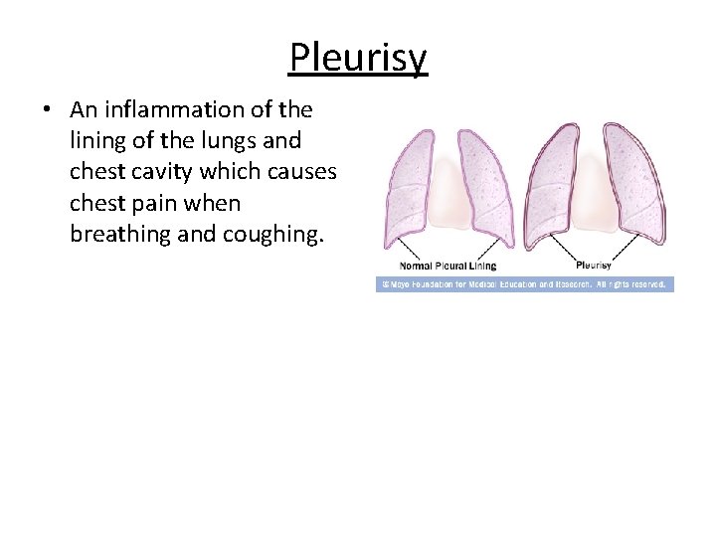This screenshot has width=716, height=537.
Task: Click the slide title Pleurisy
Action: pyautogui.click(x=358, y=58)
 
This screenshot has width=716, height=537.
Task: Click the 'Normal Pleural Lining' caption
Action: pyautogui.click(x=447, y=266)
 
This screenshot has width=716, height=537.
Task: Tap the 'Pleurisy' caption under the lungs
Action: pyautogui.click(x=593, y=266)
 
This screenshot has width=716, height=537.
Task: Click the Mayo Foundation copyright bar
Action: pyautogui.click(x=524, y=284)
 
